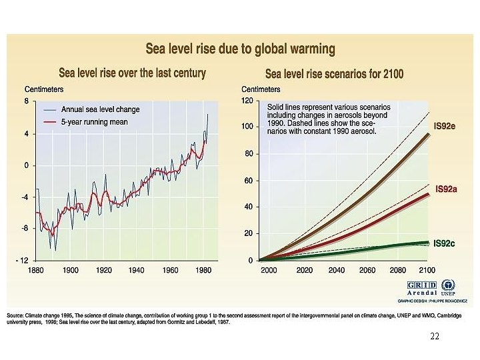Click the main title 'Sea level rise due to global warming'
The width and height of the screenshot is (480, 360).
click(241, 49)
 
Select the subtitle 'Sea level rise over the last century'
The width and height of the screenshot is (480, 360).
click(133, 72)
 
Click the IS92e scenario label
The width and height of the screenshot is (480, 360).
click(445, 125)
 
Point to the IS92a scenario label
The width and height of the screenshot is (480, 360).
click(445, 189)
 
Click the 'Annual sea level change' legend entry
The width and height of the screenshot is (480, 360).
click(101, 109)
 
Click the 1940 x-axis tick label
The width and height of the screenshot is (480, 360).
click(137, 271)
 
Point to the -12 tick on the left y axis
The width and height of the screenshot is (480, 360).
click(21, 260)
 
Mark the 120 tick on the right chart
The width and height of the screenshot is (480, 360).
click(248, 101)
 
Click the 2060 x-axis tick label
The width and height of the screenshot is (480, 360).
click(367, 271)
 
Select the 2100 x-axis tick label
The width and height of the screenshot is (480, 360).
click(427, 271)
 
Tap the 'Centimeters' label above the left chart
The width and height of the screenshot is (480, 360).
click(44, 89)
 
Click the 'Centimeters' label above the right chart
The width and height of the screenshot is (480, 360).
click(261, 89)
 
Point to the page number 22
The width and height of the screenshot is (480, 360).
click(435, 335)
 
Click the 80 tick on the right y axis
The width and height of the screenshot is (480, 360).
click(249, 154)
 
